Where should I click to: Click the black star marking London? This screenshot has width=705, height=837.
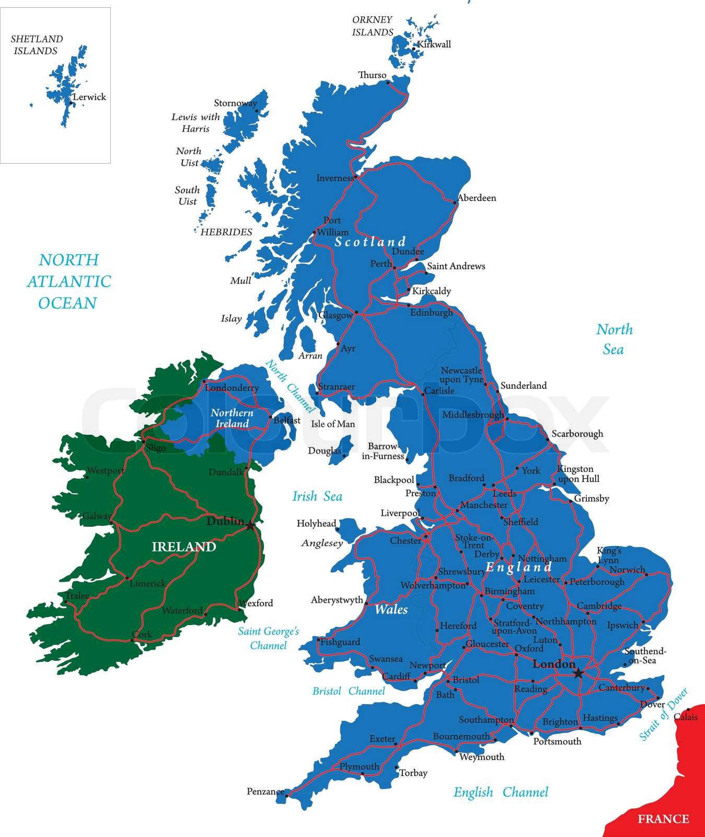click(578, 673)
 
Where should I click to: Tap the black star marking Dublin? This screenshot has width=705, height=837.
click(251, 525)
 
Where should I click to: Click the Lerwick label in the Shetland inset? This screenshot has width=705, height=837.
click(89, 97)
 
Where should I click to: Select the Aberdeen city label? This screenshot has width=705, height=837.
click(477, 198)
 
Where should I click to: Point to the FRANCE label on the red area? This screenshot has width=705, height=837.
click(663, 819)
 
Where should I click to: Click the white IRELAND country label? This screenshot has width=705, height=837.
click(184, 547)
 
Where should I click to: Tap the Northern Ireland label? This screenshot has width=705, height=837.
click(232, 418)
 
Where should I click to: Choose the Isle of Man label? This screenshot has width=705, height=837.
click(333, 424)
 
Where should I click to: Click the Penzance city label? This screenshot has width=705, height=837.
click(265, 791)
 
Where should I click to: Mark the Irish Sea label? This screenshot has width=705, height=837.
click(317, 496)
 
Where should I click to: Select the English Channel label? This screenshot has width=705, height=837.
click(501, 792)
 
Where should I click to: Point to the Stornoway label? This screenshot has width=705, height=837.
click(235, 103)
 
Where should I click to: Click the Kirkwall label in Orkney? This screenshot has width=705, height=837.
click(435, 44)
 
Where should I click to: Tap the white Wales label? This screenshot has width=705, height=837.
click(391, 609)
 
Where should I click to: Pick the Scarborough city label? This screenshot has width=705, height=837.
click(577, 434)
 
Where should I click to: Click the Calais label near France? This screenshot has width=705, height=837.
click(685, 717)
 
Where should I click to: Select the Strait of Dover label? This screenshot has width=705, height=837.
click(663, 715)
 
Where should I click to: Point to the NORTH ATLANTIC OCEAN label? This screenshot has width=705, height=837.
click(68, 281)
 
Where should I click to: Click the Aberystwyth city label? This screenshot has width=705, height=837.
click(337, 600)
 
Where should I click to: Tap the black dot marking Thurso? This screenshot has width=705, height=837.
click(388, 82)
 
